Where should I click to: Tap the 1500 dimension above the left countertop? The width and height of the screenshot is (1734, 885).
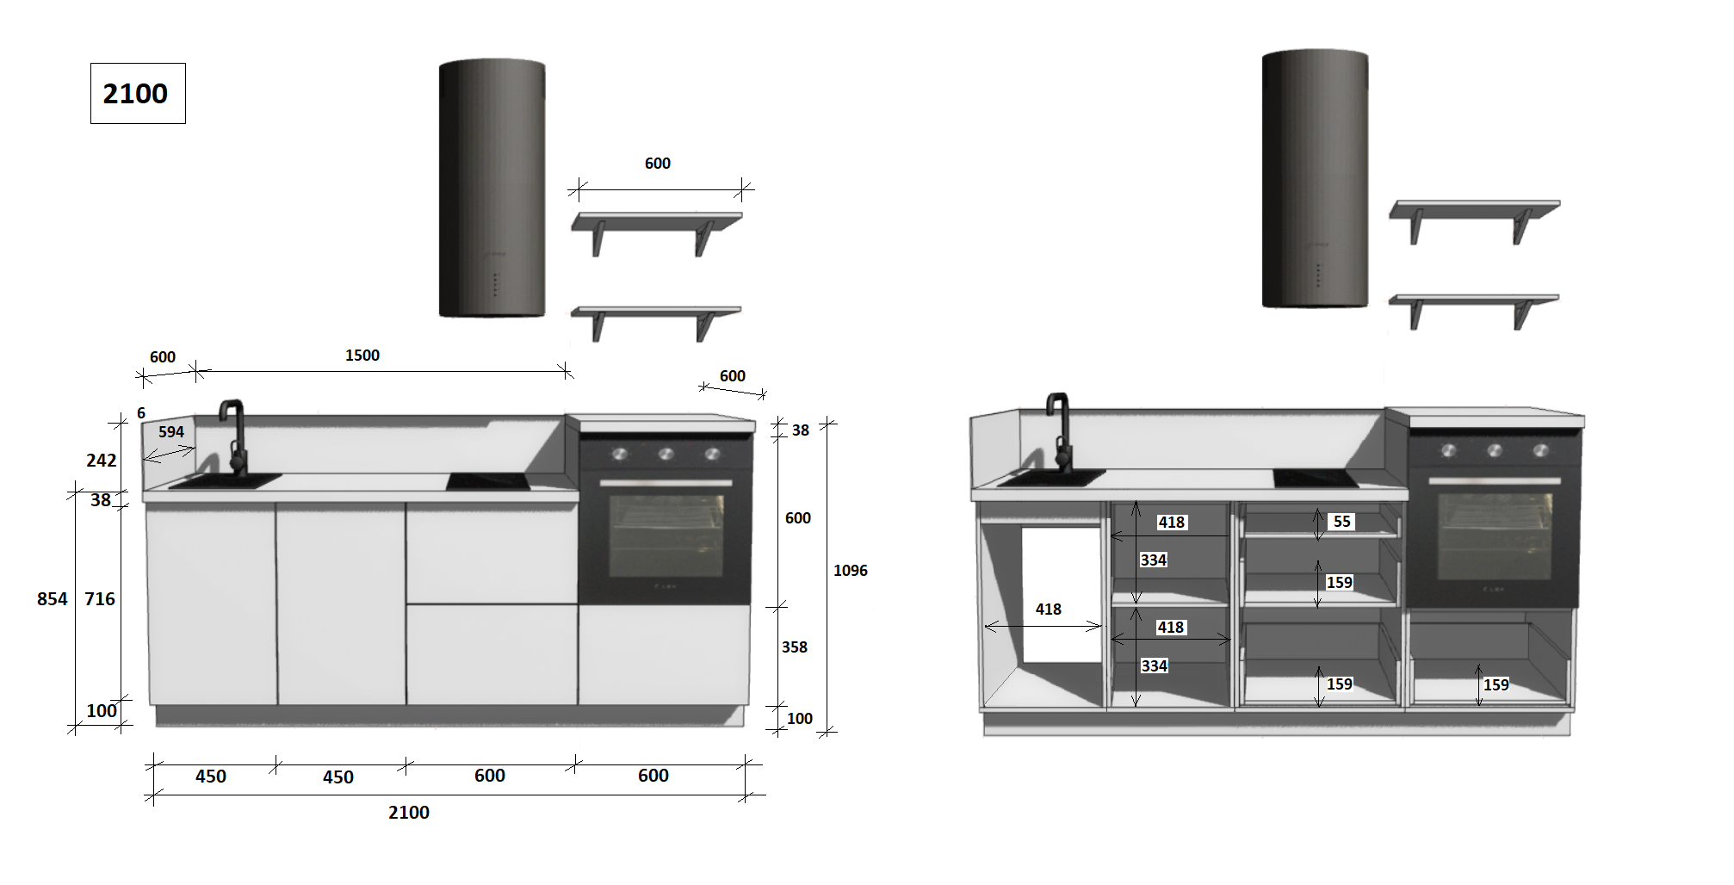pyautogui.click(x=362, y=356)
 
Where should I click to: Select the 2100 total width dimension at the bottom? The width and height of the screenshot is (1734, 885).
pyautogui.click(x=409, y=813)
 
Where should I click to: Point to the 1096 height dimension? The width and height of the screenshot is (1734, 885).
pyautogui.click(x=851, y=571)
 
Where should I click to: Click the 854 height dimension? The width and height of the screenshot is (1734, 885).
pyautogui.click(x=52, y=599)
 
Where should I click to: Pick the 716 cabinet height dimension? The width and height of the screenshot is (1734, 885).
pyautogui.click(x=100, y=599)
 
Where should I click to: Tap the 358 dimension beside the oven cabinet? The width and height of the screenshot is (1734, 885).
pyautogui.click(x=795, y=647)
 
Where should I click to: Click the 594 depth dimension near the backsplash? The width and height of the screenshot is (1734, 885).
pyautogui.click(x=171, y=432)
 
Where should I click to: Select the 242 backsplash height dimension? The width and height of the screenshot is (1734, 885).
pyautogui.click(x=102, y=461)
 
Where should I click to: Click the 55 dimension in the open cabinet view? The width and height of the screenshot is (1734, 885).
pyautogui.click(x=1342, y=522)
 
